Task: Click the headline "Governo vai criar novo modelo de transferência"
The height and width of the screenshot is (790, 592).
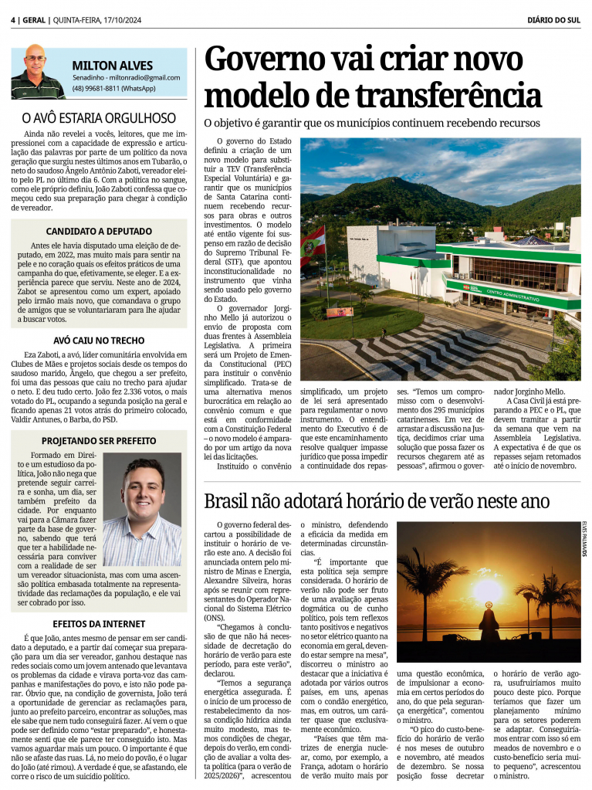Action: click(373, 78)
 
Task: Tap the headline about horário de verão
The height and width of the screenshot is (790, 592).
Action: click(376, 501)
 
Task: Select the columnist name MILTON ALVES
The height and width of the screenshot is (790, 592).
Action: click(113, 65)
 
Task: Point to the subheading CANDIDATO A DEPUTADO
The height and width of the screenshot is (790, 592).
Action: click(99, 230)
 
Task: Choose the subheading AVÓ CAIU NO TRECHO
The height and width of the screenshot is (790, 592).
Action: click(99, 340)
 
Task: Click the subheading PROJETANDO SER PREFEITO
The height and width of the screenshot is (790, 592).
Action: click(99, 441)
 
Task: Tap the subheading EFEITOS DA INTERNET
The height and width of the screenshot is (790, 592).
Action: click(99, 623)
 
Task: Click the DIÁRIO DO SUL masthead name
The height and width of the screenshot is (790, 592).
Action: click(555, 20)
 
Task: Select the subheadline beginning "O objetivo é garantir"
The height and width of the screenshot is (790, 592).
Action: click(372, 123)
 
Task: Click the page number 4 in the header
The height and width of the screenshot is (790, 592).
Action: click(14, 20)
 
